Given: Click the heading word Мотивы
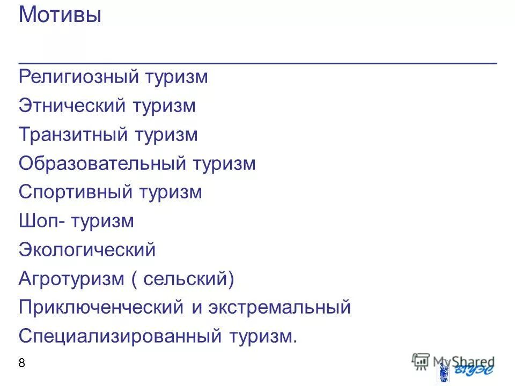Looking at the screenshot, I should pos(60,15).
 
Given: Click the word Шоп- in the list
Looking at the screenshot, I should pos(42,221).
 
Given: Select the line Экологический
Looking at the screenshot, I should pos(87,250).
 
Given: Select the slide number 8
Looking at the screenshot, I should pos(22,363).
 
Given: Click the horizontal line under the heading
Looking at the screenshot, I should pos(257,63).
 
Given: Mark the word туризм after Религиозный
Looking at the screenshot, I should pos(175,77).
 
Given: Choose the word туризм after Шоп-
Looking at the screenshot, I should pos(101,221).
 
